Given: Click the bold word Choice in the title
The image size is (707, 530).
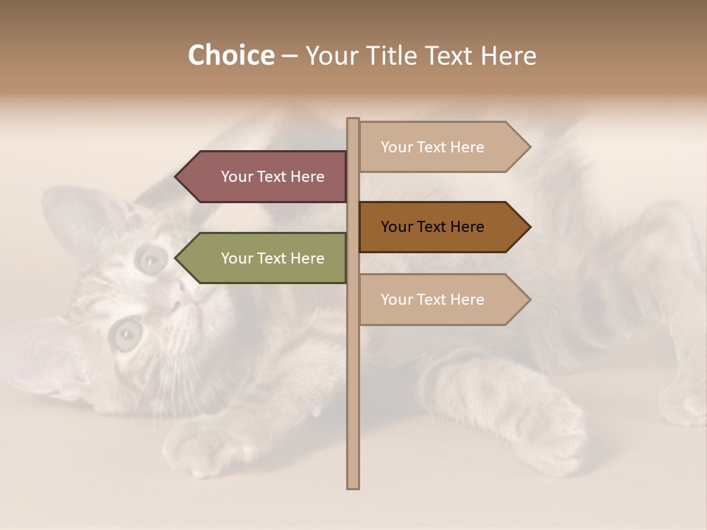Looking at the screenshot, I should tap(231, 55).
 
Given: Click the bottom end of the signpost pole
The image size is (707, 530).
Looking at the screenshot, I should tap(353, 486).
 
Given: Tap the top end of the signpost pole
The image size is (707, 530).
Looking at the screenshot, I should tap(353, 121).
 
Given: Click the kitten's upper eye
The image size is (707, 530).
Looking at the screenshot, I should tap(152, 258).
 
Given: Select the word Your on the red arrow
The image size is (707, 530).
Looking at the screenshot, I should tap(236, 177).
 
